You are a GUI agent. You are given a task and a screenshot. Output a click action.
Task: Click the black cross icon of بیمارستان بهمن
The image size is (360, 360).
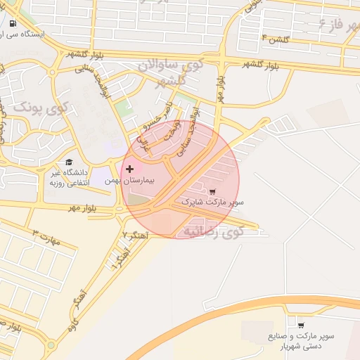point(130,169)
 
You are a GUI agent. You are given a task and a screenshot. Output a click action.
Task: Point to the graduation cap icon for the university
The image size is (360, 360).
point(69,162)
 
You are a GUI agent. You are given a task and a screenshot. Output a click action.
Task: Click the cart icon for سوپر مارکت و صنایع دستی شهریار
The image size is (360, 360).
point(301,325)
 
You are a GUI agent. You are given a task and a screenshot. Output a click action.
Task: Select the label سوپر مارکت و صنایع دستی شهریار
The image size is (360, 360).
point(301,341)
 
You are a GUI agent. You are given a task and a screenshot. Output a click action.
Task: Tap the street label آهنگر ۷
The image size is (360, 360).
point(134,234)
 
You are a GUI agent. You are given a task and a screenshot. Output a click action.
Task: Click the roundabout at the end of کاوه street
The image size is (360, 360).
point(50,345)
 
